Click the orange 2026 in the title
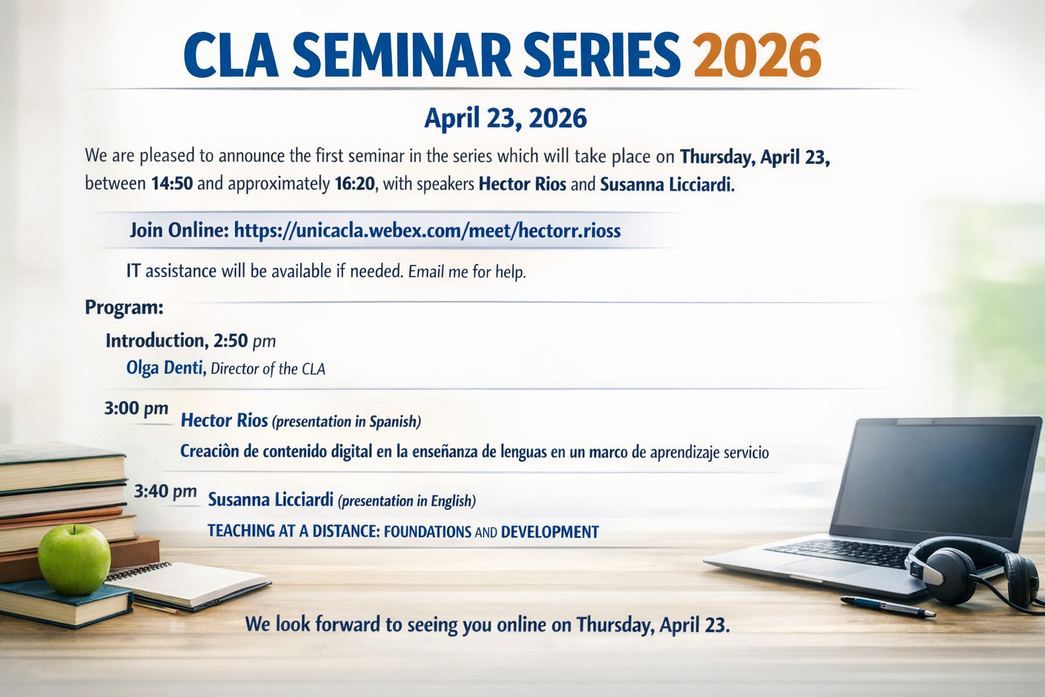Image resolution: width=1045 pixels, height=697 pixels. [757, 56]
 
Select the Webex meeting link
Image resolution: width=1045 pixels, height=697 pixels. [427, 231]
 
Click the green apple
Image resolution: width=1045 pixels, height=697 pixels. [74, 559]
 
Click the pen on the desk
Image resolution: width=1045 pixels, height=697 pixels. [887, 606]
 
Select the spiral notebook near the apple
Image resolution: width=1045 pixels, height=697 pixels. [186, 586]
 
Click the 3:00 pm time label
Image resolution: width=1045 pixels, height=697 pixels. [136, 409]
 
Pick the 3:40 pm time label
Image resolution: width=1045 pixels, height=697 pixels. [165, 491]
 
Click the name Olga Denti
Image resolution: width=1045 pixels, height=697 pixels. [166, 368]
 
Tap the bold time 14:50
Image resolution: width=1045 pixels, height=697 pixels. [171, 184]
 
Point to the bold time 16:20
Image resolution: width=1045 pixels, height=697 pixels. [355, 184]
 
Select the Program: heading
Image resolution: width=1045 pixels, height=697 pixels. [124, 308]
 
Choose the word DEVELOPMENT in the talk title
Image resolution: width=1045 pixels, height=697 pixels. [550, 532]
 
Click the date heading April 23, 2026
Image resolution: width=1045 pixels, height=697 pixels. [505, 118]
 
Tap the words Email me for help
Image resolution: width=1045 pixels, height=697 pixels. [467, 272]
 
